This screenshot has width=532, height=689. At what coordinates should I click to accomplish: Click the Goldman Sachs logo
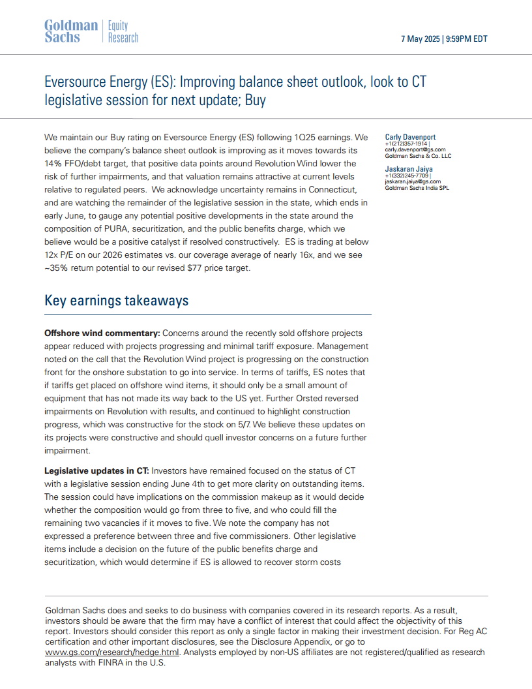[x=70, y=31]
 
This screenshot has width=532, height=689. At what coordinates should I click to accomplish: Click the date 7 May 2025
[x=420, y=39]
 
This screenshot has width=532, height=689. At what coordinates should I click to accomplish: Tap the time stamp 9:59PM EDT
[x=466, y=39]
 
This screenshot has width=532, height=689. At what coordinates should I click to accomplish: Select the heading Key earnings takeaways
[x=116, y=301]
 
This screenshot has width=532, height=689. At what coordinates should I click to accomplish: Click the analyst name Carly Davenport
[x=410, y=137]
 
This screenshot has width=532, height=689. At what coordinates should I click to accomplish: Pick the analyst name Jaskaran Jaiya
[x=409, y=169]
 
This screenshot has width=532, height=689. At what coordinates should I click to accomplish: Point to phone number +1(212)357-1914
[x=406, y=144]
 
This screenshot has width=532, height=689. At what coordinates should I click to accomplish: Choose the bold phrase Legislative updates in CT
[x=96, y=471]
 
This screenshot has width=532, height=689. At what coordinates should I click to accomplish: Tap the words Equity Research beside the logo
[x=123, y=31]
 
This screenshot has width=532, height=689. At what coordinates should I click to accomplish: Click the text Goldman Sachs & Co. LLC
[x=418, y=156]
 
